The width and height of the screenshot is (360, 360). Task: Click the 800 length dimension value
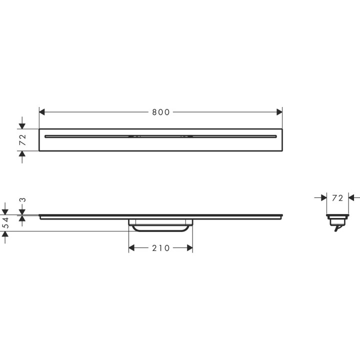[161, 112]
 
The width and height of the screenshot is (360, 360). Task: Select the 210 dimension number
[161, 248]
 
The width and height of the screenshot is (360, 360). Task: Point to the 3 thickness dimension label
[22, 200]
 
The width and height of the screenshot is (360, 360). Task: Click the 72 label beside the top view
[22, 140]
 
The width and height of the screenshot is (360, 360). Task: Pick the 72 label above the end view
[337, 198]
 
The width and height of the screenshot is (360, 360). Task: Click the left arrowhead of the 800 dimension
[42, 112]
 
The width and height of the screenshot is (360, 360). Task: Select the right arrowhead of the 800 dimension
[279, 112]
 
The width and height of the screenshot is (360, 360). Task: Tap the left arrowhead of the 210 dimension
[132, 248]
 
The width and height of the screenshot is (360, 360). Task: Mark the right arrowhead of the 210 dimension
[189, 248]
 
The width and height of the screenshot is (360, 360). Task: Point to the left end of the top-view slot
[46, 136]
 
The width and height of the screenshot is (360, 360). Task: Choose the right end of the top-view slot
[275, 136]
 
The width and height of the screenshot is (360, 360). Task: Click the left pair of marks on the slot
[134, 136]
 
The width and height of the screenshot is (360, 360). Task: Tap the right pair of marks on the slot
[186, 136]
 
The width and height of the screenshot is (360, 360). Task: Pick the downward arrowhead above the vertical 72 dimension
[22, 125]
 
